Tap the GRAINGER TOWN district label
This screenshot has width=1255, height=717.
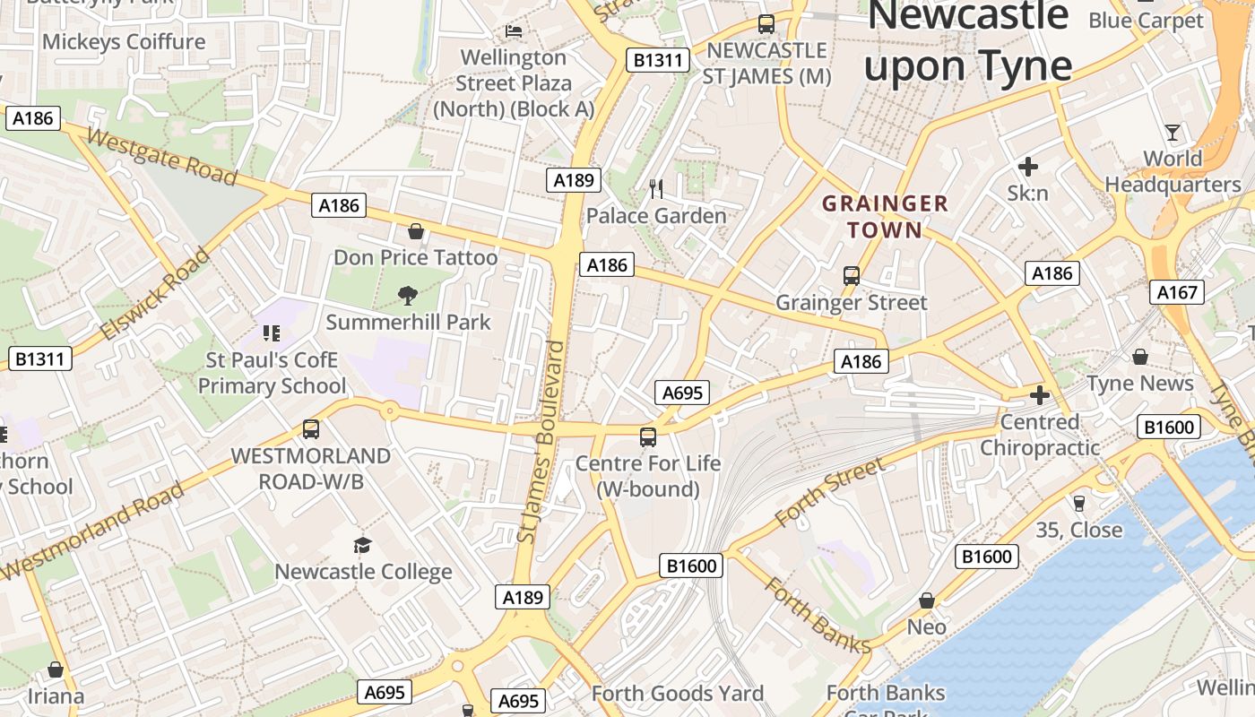885,217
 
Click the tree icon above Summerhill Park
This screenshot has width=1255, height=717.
407,295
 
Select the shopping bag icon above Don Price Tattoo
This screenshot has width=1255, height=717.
416,232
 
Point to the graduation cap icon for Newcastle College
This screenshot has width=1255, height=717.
362,545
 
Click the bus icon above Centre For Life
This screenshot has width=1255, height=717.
648,437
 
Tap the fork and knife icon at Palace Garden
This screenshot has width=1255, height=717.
656,188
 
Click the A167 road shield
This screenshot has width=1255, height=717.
1177,292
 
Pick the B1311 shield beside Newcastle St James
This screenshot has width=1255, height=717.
658,61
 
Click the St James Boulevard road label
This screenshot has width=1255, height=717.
545,441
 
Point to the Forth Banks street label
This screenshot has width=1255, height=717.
817,616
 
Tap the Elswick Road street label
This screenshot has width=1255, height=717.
155,295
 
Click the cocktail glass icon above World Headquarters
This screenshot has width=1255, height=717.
1173,134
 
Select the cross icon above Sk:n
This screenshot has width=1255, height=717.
1027,166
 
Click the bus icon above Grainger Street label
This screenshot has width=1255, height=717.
852,276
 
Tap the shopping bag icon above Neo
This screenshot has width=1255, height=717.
927,600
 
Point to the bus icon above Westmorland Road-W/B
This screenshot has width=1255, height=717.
311,429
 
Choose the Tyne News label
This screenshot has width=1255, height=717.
1140,384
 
